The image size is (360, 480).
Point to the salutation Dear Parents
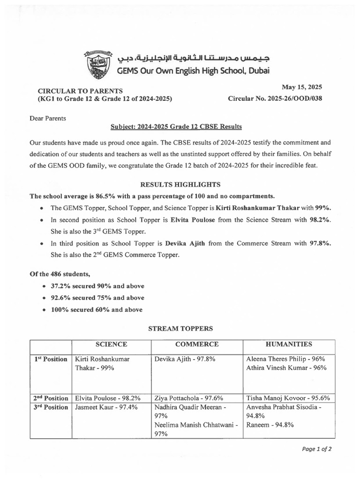48,118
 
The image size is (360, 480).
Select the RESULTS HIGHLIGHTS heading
180,185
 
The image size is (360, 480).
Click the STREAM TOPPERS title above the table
180,329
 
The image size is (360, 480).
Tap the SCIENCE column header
111,345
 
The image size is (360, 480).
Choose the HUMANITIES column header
289,345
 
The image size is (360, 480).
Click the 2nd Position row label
50,397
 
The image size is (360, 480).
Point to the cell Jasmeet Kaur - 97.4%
106,407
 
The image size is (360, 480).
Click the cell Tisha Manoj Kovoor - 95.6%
288,398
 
